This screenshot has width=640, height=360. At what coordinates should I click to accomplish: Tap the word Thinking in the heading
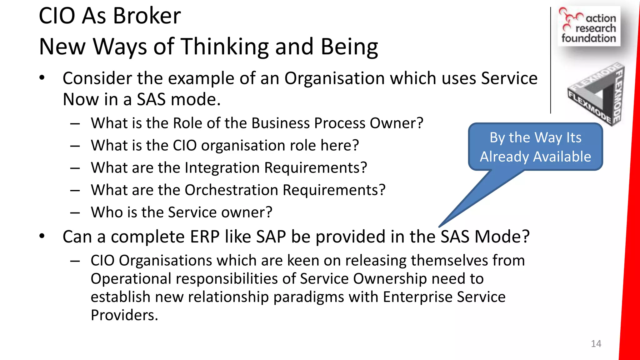coord(225,46)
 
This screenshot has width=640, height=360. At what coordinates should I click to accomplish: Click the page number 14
coord(596,344)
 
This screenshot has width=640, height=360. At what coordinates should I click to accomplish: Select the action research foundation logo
coord(589,27)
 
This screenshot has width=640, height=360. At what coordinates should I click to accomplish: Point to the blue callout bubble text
coord(535,147)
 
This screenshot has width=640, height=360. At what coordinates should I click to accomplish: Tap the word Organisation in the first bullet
coord(334,78)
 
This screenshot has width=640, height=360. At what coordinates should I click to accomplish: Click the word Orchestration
coord(231,190)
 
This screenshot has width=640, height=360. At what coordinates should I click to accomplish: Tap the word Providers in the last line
coord(124,315)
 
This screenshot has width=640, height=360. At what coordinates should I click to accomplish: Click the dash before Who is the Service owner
coord(75,213)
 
